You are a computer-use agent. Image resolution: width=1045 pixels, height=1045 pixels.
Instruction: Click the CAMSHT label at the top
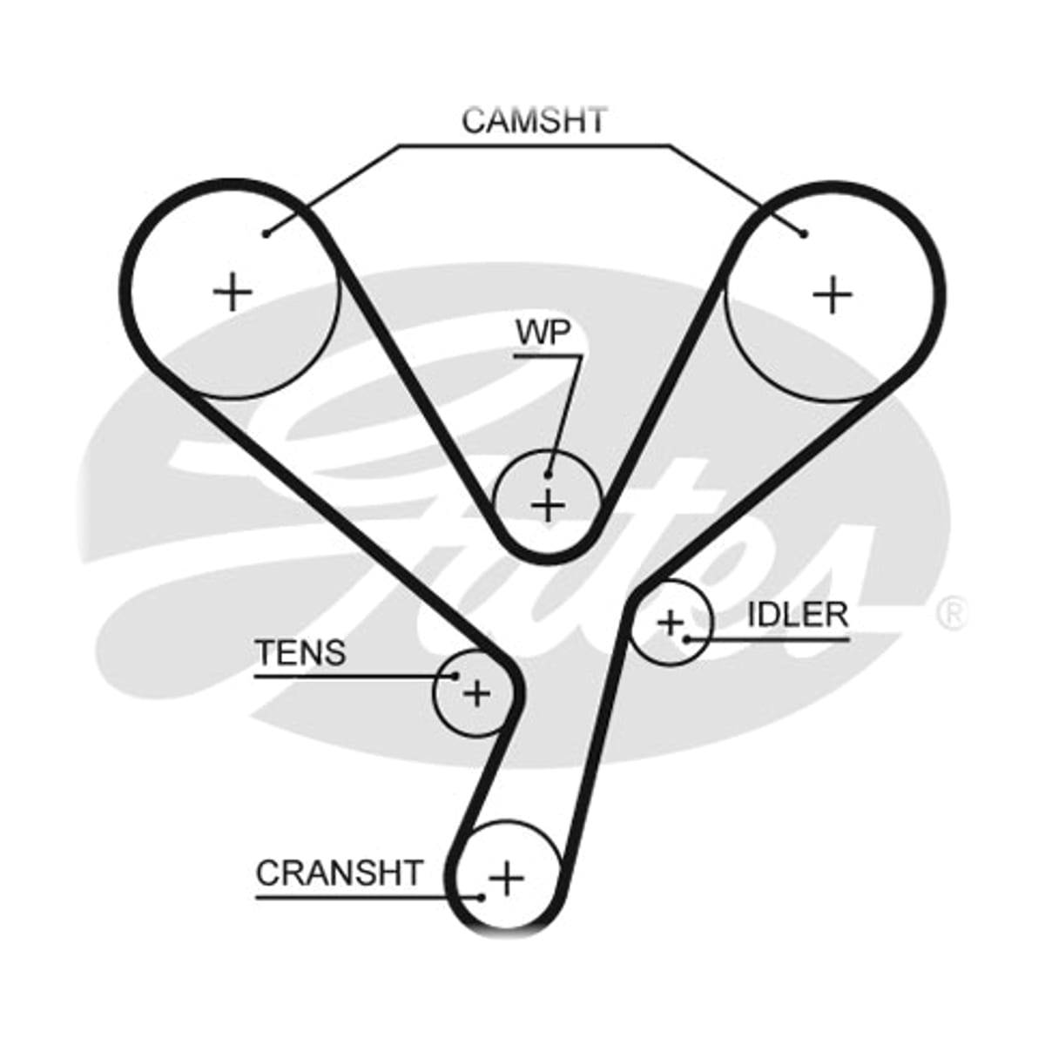pyautogui.click(x=534, y=120)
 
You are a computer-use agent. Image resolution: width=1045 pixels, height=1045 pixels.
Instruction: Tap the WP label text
pyautogui.click(x=543, y=332)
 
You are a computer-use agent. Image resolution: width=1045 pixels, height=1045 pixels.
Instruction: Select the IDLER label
pyautogui.click(x=797, y=615)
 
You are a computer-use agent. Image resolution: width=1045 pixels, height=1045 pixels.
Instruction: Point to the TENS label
pyautogui.click(x=300, y=652)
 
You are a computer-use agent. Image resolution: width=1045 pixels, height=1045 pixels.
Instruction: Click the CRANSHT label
pyautogui.click(x=339, y=873)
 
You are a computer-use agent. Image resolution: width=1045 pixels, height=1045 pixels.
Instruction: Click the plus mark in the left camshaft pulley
pyautogui.click(x=233, y=293)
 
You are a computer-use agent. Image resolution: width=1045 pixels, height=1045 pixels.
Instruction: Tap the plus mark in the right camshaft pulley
pyautogui.click(x=833, y=294)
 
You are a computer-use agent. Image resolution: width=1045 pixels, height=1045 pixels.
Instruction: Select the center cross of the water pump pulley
pyautogui.click(x=549, y=505)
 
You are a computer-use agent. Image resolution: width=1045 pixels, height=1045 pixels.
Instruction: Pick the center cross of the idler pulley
pyautogui.click(x=671, y=623)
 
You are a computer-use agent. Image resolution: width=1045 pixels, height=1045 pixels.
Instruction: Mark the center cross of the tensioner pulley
pyautogui.click(x=477, y=693)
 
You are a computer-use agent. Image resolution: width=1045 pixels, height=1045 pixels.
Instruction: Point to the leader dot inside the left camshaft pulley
pyautogui.click(x=266, y=233)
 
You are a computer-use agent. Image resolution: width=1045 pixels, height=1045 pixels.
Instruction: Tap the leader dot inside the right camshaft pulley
pyautogui.click(x=805, y=233)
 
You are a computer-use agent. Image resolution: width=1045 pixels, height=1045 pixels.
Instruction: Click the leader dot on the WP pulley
pyautogui.click(x=549, y=475)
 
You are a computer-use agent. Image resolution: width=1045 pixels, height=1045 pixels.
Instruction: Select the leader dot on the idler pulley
pyautogui.click(x=686, y=640)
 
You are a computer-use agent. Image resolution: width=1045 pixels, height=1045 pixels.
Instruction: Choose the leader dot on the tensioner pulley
pyautogui.click(x=455, y=676)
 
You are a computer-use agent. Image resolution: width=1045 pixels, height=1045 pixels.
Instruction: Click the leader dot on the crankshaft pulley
pyautogui.click(x=481, y=898)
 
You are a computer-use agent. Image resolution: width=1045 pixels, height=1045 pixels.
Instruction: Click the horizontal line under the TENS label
pyautogui.click(x=355, y=676)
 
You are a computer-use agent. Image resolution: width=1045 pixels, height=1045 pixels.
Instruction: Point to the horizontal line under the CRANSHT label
pyautogui.click(x=368, y=898)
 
